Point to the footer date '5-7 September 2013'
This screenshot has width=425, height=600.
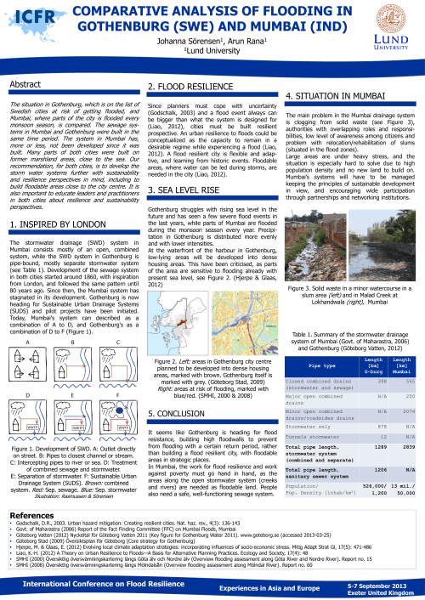click(x=383, y=586)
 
